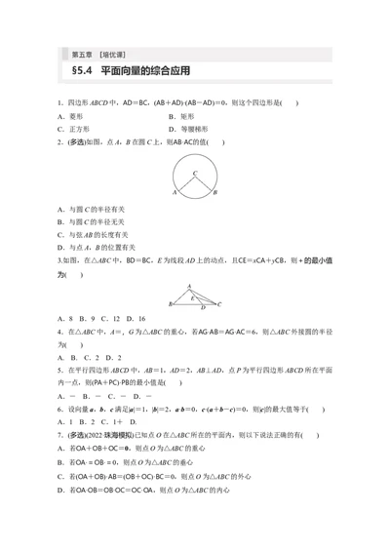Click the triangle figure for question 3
(196, 296)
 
